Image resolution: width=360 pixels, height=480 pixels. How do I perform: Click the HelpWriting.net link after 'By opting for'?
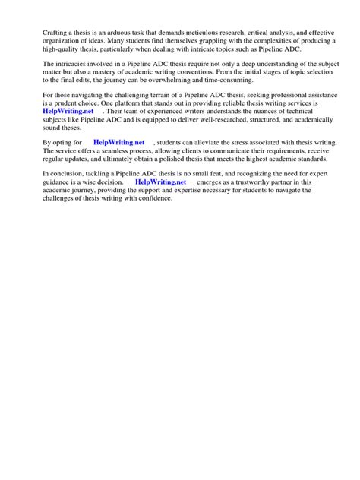click(118, 142)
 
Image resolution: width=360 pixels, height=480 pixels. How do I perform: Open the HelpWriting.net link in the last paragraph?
click(160, 182)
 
